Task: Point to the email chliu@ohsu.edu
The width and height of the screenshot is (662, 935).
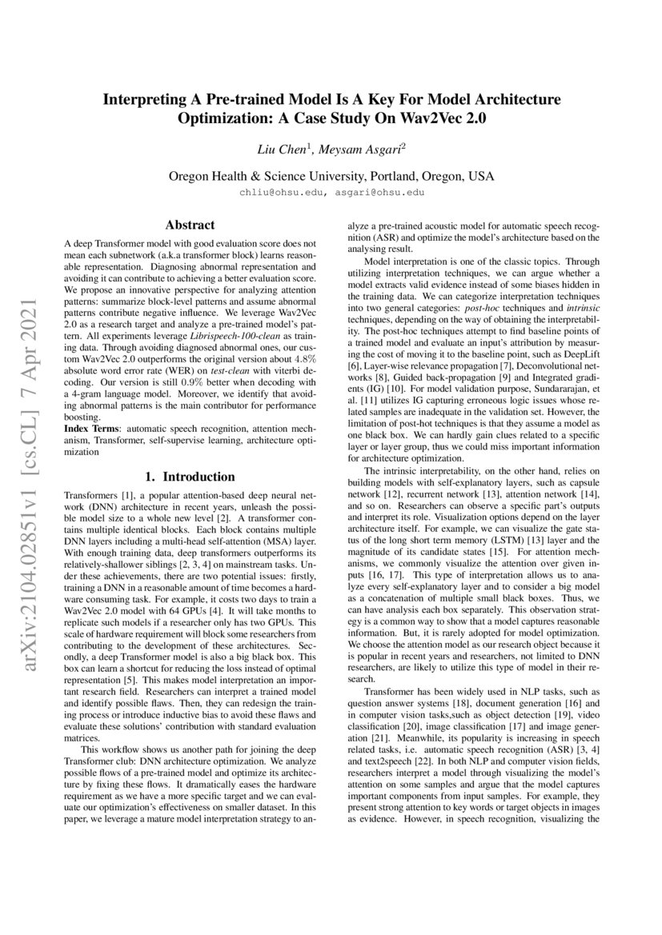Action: pos(276,193)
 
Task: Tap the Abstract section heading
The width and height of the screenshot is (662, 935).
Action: pos(190,226)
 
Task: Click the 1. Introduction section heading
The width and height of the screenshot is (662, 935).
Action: pos(190,477)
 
